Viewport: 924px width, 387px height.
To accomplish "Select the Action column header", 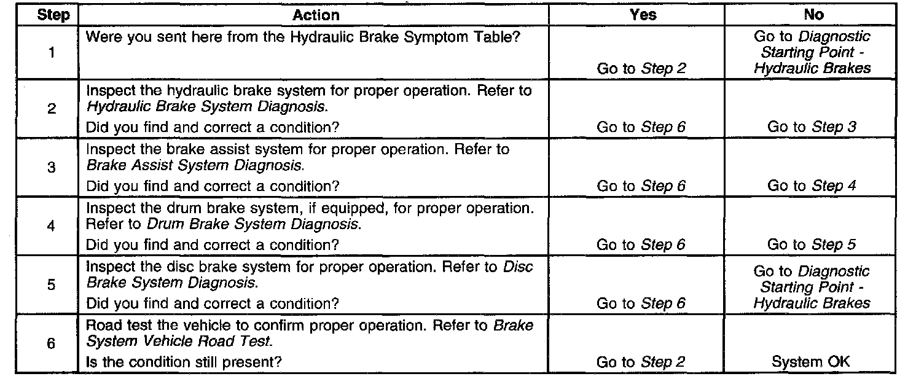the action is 315,15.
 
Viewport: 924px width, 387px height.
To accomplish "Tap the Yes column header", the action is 643,15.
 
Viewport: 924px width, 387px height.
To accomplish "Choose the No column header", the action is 812,15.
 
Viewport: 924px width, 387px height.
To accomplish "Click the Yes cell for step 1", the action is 641,69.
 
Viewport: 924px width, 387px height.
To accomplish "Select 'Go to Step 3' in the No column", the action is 812,127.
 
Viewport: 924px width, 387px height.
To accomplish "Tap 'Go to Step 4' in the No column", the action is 812,186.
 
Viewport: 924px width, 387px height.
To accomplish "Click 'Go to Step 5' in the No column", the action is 812,244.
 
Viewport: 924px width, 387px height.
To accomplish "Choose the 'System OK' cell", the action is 811,362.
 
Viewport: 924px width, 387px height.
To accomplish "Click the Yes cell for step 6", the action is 641,362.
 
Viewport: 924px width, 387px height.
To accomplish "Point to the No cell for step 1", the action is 812,53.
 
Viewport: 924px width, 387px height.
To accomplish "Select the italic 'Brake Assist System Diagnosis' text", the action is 195,166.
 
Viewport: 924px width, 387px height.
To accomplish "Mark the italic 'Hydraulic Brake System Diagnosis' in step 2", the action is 206,107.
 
